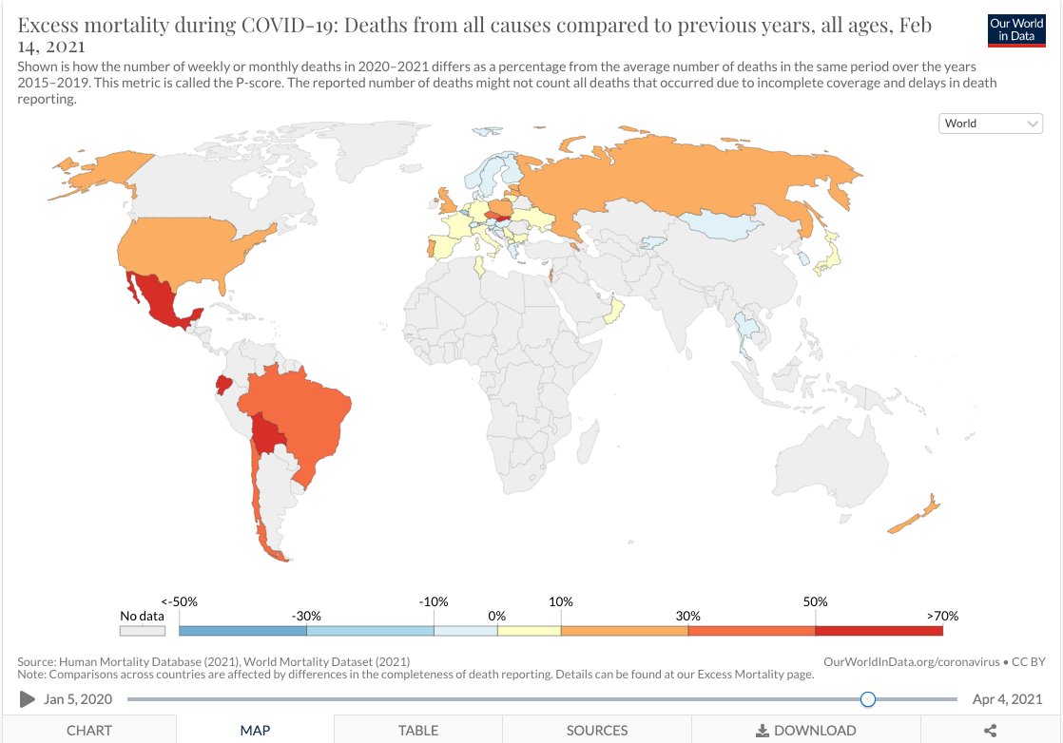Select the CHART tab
pyautogui.click(x=88, y=730)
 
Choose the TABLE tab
pyautogui.click(x=418, y=730)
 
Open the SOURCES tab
pyautogui.click(x=597, y=730)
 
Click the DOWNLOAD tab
pyautogui.click(x=805, y=730)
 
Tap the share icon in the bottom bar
pyautogui.click(x=990, y=730)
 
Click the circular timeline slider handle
pyautogui.click(x=867, y=699)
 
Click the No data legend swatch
pyautogui.click(x=143, y=630)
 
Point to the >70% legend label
pyautogui.click(x=942, y=616)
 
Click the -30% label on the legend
pyautogui.click(x=306, y=616)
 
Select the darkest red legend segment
pyautogui.click(x=879, y=630)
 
